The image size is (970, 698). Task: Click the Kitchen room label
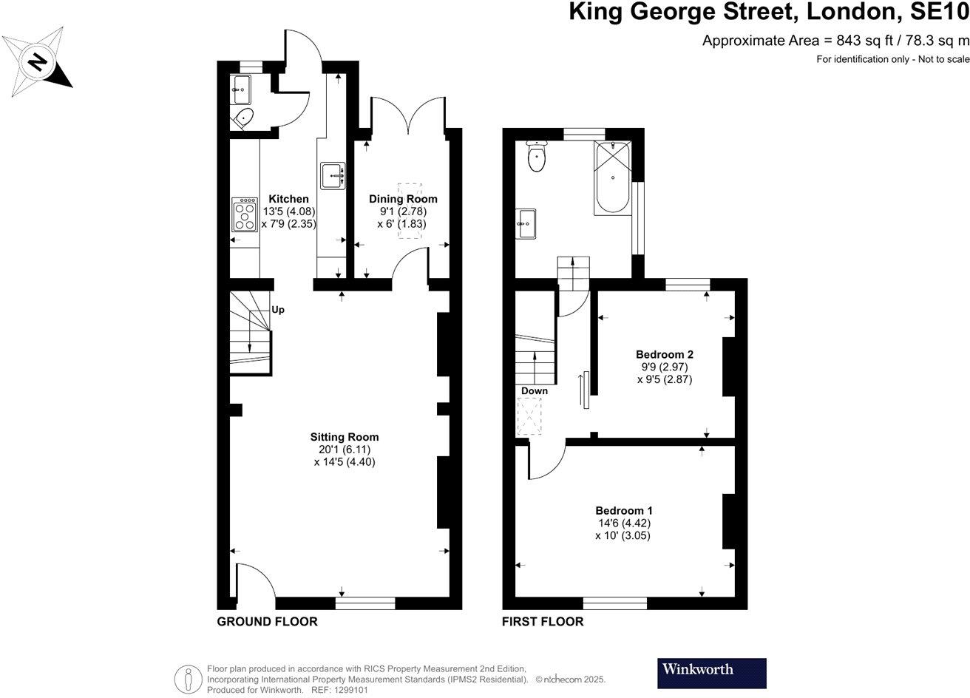pyautogui.click(x=288, y=199)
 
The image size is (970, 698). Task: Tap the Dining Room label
pyautogui.click(x=403, y=199)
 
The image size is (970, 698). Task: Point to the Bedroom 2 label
pyautogui.click(x=665, y=354)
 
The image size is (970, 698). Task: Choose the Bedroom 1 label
pyautogui.click(x=624, y=510)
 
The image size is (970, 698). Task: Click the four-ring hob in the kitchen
pyautogui.click(x=243, y=214)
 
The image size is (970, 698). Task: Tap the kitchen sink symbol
pyautogui.click(x=333, y=176)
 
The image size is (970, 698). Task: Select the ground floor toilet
pyautogui.click(x=243, y=118)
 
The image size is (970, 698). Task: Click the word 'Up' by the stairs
pyautogui.click(x=278, y=310)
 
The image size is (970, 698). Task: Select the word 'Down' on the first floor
pyautogui.click(x=534, y=390)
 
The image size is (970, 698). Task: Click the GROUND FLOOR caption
pyautogui.click(x=267, y=622)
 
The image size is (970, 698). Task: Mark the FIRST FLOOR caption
pyautogui.click(x=543, y=622)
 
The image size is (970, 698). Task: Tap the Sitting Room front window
pyautogui.click(x=365, y=603)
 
